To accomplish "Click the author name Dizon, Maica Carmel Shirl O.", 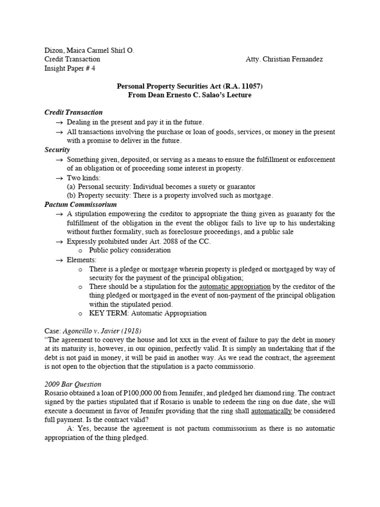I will coord(89,50).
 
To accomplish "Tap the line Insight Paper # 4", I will coord(70,69).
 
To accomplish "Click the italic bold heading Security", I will coord(57,150).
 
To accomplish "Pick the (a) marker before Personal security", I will coord(72,187).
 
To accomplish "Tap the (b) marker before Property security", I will coord(72,196).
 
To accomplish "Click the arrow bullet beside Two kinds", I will coord(59,177).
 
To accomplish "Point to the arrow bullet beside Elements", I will coord(59,259).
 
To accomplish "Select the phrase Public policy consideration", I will coord(130,250).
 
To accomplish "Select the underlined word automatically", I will coord(271,411).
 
